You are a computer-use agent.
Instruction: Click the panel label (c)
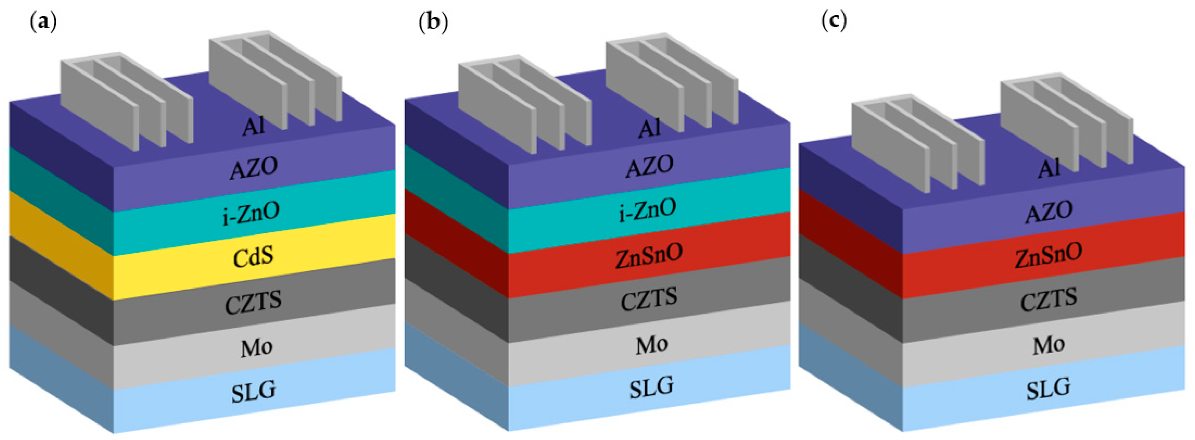tap(834, 21)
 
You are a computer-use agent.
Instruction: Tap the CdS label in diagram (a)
tap(253, 257)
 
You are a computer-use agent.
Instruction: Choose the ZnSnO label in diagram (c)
tap(1048, 255)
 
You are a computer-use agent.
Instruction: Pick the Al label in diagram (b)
tap(649, 128)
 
